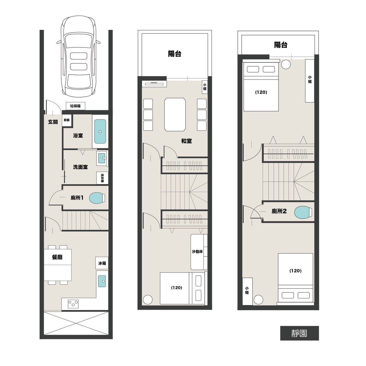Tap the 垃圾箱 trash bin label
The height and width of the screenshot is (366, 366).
[x=75, y=106]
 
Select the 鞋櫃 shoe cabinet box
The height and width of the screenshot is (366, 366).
[x=67, y=120]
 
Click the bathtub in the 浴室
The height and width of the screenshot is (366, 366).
[x=100, y=131]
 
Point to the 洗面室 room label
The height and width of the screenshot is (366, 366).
[x=80, y=167]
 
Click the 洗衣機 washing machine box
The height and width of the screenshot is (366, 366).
[x=102, y=178]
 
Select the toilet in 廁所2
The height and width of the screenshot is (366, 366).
[x=303, y=212]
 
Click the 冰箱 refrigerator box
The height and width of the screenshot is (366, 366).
[x=102, y=263]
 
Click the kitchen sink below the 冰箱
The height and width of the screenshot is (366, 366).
[x=102, y=281]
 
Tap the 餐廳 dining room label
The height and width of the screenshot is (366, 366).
[x=57, y=257]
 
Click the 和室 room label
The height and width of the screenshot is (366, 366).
[x=186, y=141]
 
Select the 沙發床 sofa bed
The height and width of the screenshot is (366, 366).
[x=199, y=252]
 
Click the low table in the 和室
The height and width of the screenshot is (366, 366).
[x=175, y=115]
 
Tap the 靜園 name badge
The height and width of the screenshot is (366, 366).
[x=300, y=333]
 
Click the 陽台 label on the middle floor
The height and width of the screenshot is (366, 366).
[x=174, y=54]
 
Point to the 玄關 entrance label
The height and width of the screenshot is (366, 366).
[x=53, y=122]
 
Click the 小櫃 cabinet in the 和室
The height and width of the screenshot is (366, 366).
[x=205, y=87]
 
